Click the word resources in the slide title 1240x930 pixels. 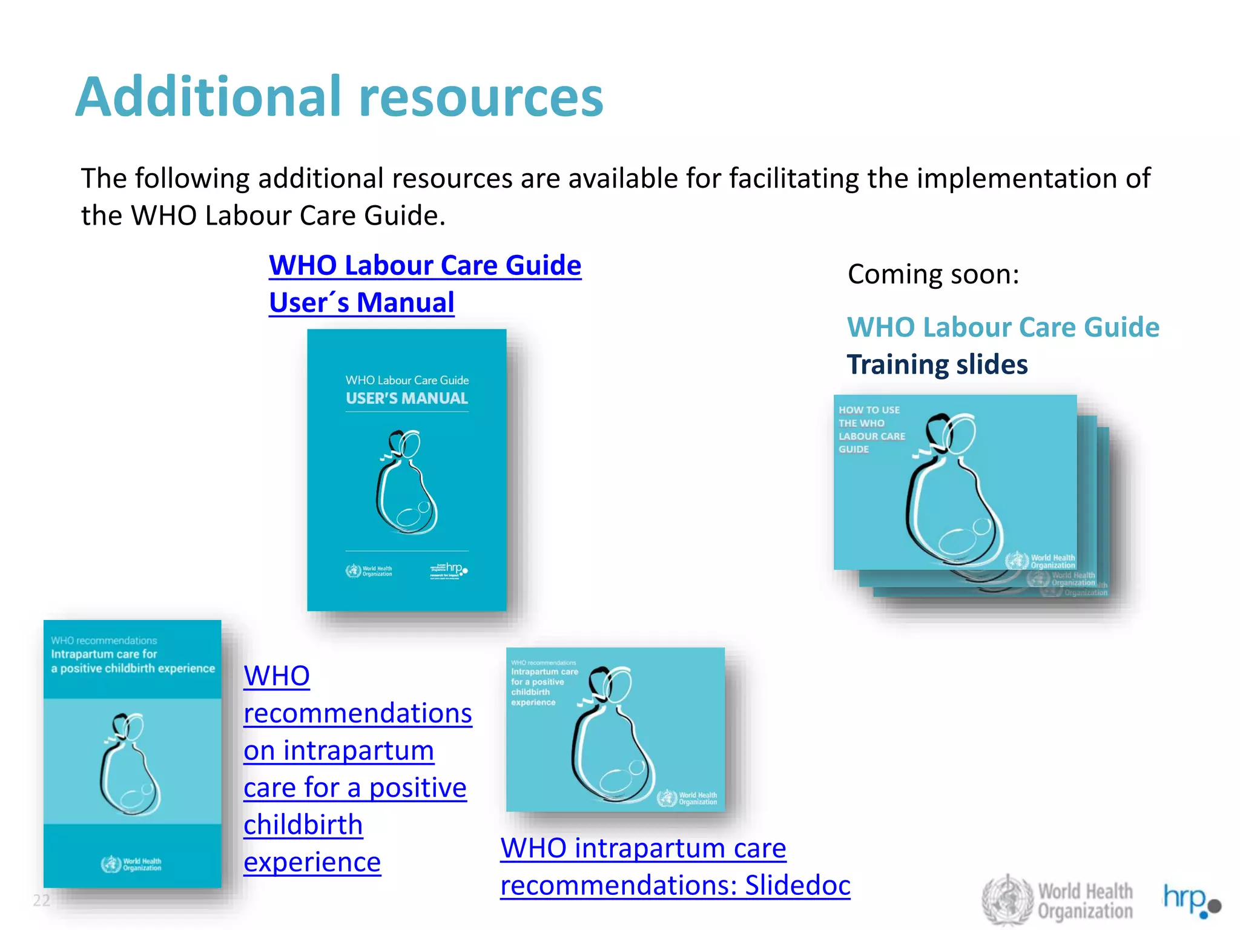pyautogui.click(x=481, y=98)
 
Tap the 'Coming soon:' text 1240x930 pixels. pyautogui.click(x=933, y=274)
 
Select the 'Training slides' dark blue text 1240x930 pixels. pyautogui.click(x=937, y=364)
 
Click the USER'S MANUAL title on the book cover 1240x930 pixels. pyautogui.click(x=407, y=398)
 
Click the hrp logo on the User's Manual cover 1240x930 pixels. pyautogui.click(x=449, y=570)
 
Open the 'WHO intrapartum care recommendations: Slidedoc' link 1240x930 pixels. pyautogui.click(x=674, y=866)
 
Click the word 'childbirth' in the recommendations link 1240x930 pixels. pyautogui.click(x=303, y=825)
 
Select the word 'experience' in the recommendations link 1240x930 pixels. pyautogui.click(x=312, y=862)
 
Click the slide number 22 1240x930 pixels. pyautogui.click(x=41, y=900)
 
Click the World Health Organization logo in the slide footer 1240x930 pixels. pyautogui.click(x=1057, y=900)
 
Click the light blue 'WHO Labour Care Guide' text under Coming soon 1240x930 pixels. pyautogui.click(x=1003, y=328)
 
